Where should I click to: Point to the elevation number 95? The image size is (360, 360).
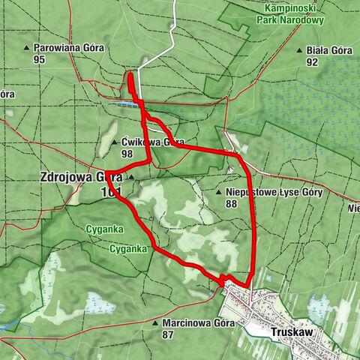(39, 58)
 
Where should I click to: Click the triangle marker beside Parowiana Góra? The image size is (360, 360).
(28, 48)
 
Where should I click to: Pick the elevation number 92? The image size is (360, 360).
(312, 63)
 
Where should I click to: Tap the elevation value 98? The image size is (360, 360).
(127, 153)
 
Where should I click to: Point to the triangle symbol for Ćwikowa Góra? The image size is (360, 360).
(115, 142)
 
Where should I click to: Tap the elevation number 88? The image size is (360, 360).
(231, 203)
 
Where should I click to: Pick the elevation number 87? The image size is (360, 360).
(169, 335)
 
